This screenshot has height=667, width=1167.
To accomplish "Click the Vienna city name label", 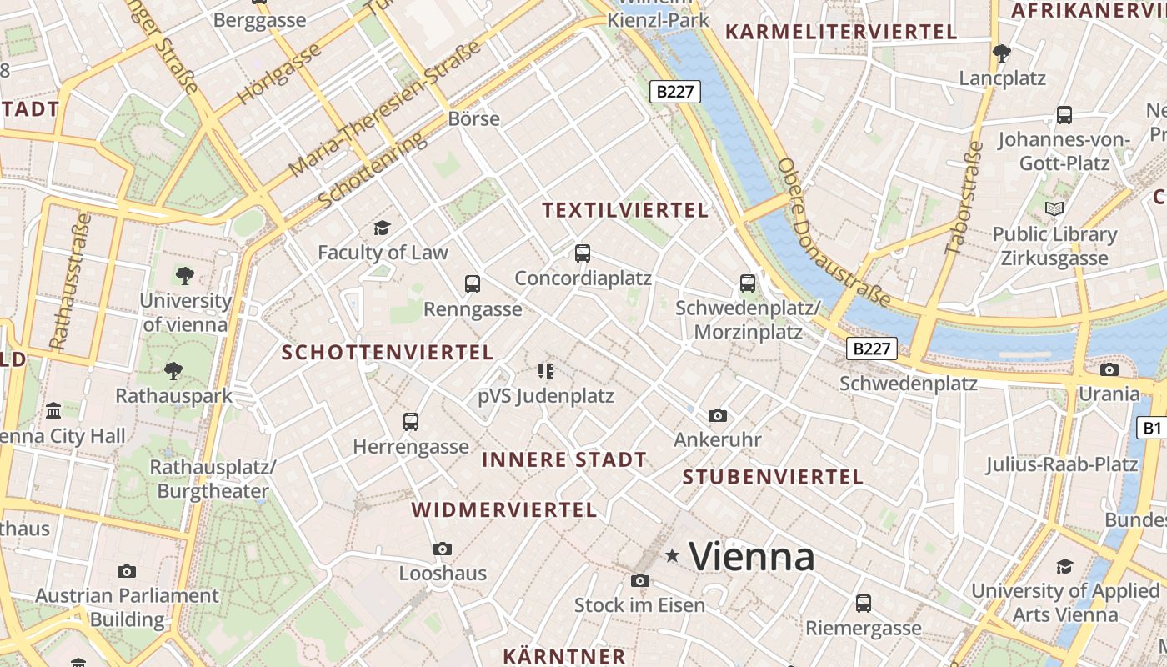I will point(752,556).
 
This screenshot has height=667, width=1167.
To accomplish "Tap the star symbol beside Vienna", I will point(673,555).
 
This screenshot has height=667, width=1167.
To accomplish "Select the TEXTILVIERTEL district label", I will point(625,210).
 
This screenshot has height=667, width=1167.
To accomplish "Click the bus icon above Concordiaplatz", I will point(583,253).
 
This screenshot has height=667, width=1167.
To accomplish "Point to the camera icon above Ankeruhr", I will point(717,415).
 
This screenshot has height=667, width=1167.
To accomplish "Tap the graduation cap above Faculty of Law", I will point(382,228).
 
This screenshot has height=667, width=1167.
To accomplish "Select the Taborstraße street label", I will point(964,198).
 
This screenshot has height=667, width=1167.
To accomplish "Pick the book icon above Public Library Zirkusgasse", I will point(1054,208).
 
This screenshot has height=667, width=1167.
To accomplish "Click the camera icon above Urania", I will point(1109,369).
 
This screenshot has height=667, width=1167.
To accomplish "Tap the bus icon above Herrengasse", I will point(411,422).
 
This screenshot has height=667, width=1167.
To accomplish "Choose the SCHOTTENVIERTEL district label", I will point(388,352).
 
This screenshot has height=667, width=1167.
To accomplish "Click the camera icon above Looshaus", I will point(443,549).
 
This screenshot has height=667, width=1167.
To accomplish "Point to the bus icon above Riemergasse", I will point(864,603).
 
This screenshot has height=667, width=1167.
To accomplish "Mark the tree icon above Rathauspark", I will point(173,370).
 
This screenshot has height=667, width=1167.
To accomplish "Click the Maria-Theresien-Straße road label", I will point(386,108).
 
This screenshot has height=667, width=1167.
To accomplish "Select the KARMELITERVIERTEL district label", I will point(841,32).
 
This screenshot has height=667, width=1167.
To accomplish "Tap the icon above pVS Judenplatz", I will point(546,370).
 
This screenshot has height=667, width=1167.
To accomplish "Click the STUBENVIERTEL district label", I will point(773,477).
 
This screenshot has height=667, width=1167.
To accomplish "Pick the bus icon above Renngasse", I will point(473,284).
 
